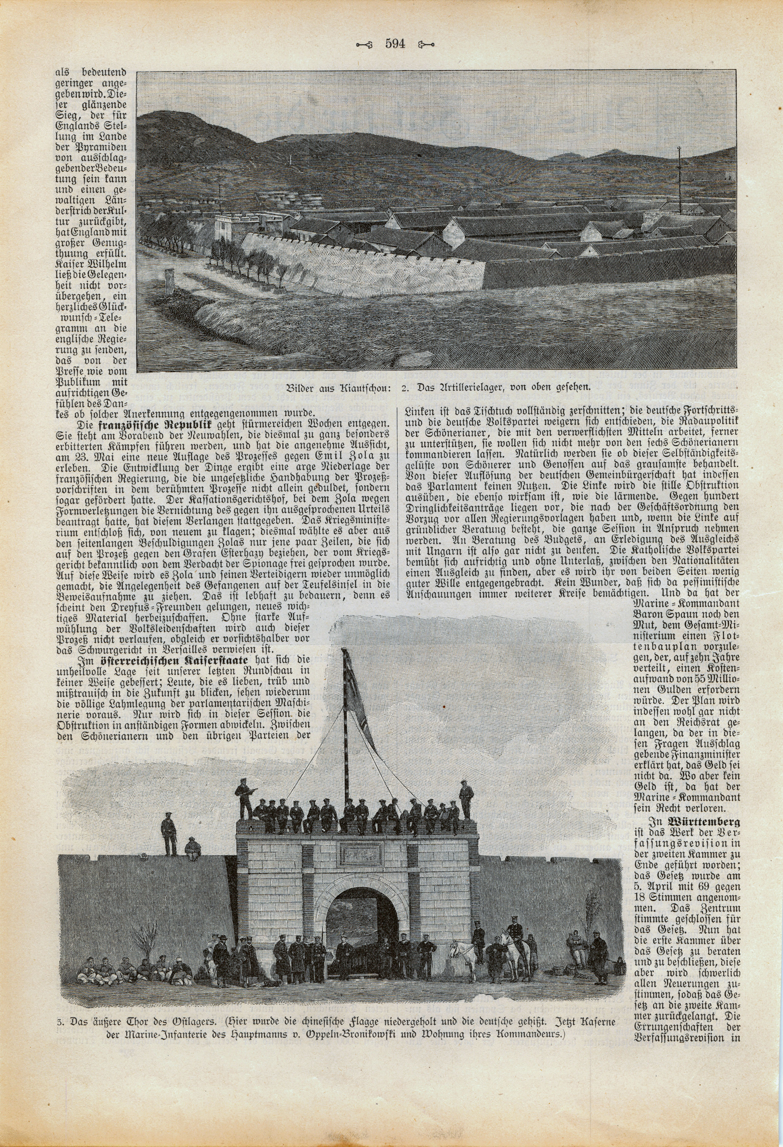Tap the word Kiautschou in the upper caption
click(363, 387)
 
